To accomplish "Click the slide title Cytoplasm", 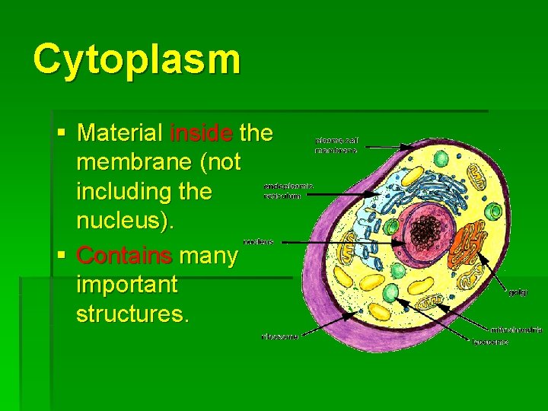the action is [x=137, y=59].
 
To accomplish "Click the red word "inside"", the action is [x=202, y=133].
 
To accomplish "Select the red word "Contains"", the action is [x=126, y=255].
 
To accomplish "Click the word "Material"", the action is [x=119, y=133].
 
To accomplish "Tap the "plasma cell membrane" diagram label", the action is [x=336, y=145].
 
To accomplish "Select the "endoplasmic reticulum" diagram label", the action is [x=288, y=190].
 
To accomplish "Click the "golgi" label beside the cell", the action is [x=518, y=292].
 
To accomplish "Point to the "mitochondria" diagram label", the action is [x=516, y=330].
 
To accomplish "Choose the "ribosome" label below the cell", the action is [x=279, y=336].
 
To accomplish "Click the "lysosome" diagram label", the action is [x=490, y=342].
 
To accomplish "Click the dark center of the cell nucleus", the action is [x=422, y=228].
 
